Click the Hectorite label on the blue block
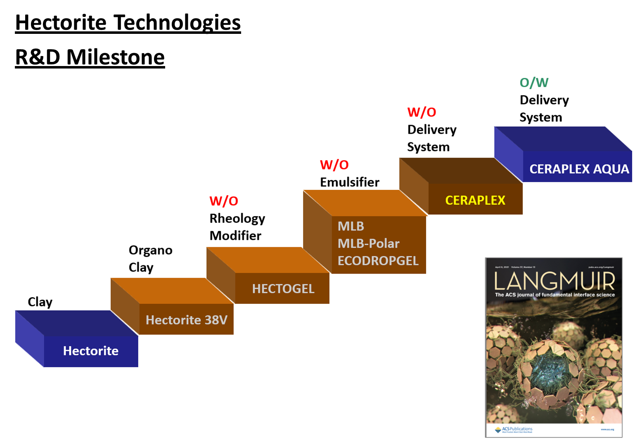click(x=90, y=351)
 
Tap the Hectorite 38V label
click(x=186, y=320)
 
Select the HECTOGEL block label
click(x=283, y=288)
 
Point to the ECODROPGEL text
click(x=378, y=261)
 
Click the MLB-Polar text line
click(x=368, y=243)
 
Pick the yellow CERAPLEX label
click(x=475, y=200)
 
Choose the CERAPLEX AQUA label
click(x=579, y=169)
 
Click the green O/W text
click(x=534, y=83)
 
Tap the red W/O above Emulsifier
click(x=334, y=165)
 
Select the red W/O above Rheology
click(x=223, y=201)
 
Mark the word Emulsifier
click(x=349, y=182)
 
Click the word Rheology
click(x=237, y=219)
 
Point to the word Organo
click(x=150, y=250)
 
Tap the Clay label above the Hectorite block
click(x=40, y=302)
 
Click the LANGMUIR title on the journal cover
click(x=554, y=281)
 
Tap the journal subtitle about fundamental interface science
click(x=554, y=295)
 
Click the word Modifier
click(x=235, y=236)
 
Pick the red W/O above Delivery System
click(x=422, y=112)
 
